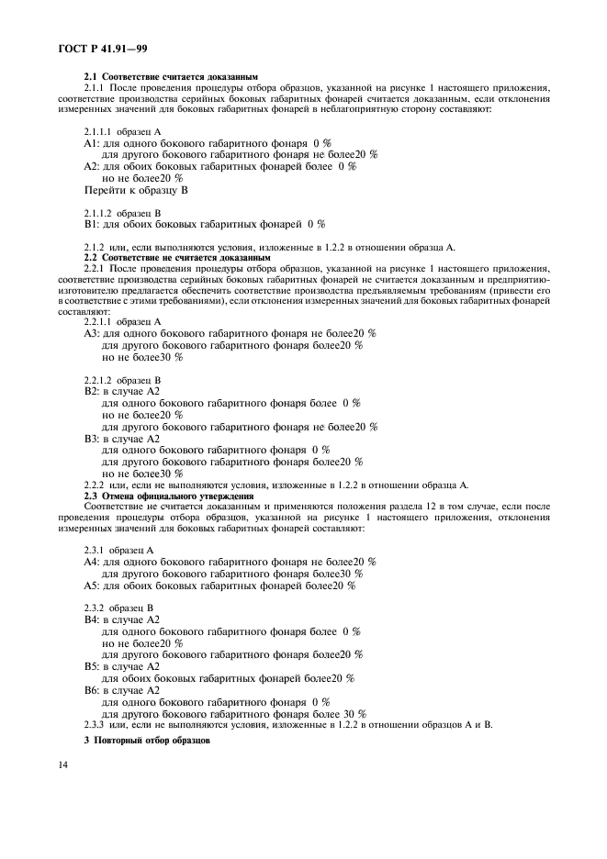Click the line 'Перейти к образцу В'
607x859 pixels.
coord(135,189)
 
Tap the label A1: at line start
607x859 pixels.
coord(91,144)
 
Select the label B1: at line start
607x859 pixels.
coord(91,223)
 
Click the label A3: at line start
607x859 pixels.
coord(91,333)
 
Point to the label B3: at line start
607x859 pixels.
coord(91,438)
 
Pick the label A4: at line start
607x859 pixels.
coord(91,561)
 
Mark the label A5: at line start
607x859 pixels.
coord(91,585)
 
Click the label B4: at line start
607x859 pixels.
coord(91,619)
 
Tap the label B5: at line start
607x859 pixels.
coord(91,665)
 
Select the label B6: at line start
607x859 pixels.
coord(91,689)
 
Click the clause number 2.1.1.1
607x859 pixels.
coord(101,132)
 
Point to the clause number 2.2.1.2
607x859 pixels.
coord(101,378)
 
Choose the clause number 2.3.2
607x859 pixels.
coord(96,608)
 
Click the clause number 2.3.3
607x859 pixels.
coord(96,724)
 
